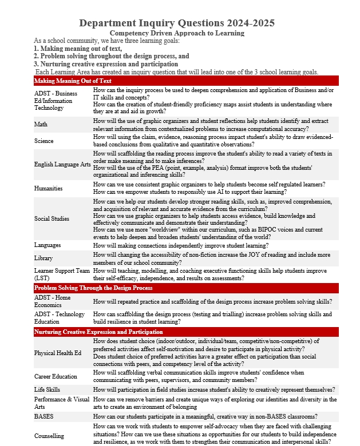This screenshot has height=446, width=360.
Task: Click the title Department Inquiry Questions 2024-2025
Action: click(177, 23)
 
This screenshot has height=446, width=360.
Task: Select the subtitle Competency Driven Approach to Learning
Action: click(177, 33)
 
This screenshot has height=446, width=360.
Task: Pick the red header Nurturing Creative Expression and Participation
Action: click(98, 332)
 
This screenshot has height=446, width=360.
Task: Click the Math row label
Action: click(41, 124)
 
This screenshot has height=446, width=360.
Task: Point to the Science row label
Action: click(43, 141)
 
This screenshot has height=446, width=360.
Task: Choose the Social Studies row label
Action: click(52, 218)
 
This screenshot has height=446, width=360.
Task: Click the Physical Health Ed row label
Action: click(58, 353)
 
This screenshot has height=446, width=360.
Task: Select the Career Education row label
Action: click(56, 376)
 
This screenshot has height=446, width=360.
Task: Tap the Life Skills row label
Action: click(47, 390)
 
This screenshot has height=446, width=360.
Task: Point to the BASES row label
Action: click(43, 416)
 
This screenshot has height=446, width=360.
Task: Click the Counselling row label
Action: click(49, 436)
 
